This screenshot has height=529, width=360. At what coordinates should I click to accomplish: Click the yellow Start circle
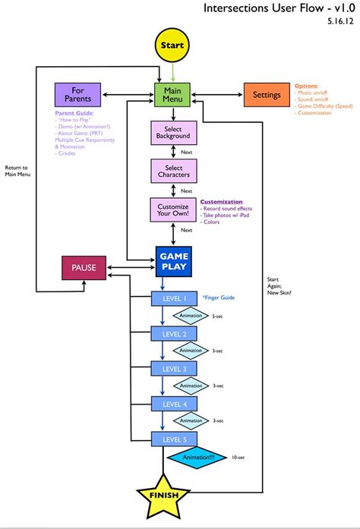tap(173, 45)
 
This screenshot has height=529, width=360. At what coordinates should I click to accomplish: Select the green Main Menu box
tap(173, 95)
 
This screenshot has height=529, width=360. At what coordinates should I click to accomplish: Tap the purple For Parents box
tap(77, 95)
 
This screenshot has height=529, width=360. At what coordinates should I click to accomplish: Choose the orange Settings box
tap(267, 95)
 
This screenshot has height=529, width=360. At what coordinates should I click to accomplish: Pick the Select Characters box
tap(173, 172)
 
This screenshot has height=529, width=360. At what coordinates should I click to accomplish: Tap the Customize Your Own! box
tap(173, 210)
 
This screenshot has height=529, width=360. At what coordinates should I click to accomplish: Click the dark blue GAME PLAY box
tap(173, 261)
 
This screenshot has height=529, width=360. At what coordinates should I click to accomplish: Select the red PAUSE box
tap(84, 268)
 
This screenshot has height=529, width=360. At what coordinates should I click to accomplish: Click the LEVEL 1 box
tap(173, 299)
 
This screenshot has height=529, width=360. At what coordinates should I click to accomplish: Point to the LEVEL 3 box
tap(173, 368)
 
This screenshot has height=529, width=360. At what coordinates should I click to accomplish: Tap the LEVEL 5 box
tap(173, 438)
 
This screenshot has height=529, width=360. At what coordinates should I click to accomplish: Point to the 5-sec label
tap(218, 316)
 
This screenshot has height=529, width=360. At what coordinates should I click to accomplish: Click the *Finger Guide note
tap(218, 298)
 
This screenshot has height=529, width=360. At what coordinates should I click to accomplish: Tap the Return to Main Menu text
tap(16, 171)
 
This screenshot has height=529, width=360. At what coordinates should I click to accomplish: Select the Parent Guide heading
tap(74, 113)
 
